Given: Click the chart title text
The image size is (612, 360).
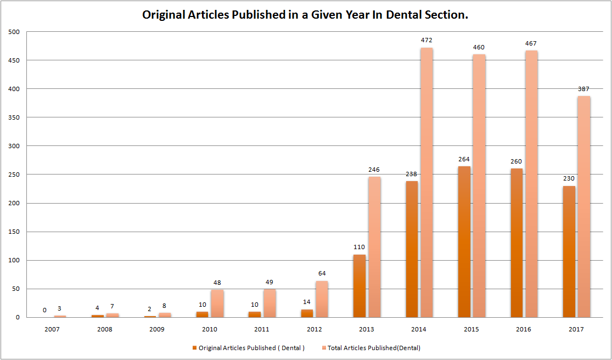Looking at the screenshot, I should coord(305,15).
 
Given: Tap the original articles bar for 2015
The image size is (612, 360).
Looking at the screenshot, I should coord(464,241).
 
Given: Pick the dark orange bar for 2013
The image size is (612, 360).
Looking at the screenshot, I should coord(360,285).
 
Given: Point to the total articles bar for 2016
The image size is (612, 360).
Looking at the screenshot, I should coord(531,184).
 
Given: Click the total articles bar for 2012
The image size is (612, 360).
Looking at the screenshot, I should coord(322,299).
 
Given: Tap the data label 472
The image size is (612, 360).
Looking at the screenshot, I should coord(426,41).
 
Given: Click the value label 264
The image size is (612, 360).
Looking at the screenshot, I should coord(464,159).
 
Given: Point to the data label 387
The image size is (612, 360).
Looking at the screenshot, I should coord(584,89).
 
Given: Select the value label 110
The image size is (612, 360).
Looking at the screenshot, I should coord(359,248).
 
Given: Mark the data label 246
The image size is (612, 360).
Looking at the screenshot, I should coord(374,170).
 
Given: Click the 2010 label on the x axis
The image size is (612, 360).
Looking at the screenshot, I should coord(210,329).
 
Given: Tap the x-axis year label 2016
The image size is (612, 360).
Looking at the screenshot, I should coord(524,329).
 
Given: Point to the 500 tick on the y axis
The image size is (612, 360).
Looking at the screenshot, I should coord(14,32).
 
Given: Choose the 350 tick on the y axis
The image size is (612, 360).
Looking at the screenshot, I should coord(14,117).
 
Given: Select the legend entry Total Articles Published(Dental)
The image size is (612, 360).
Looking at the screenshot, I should coord(374,347).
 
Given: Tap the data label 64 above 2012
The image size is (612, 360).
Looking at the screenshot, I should coord(322,274).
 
